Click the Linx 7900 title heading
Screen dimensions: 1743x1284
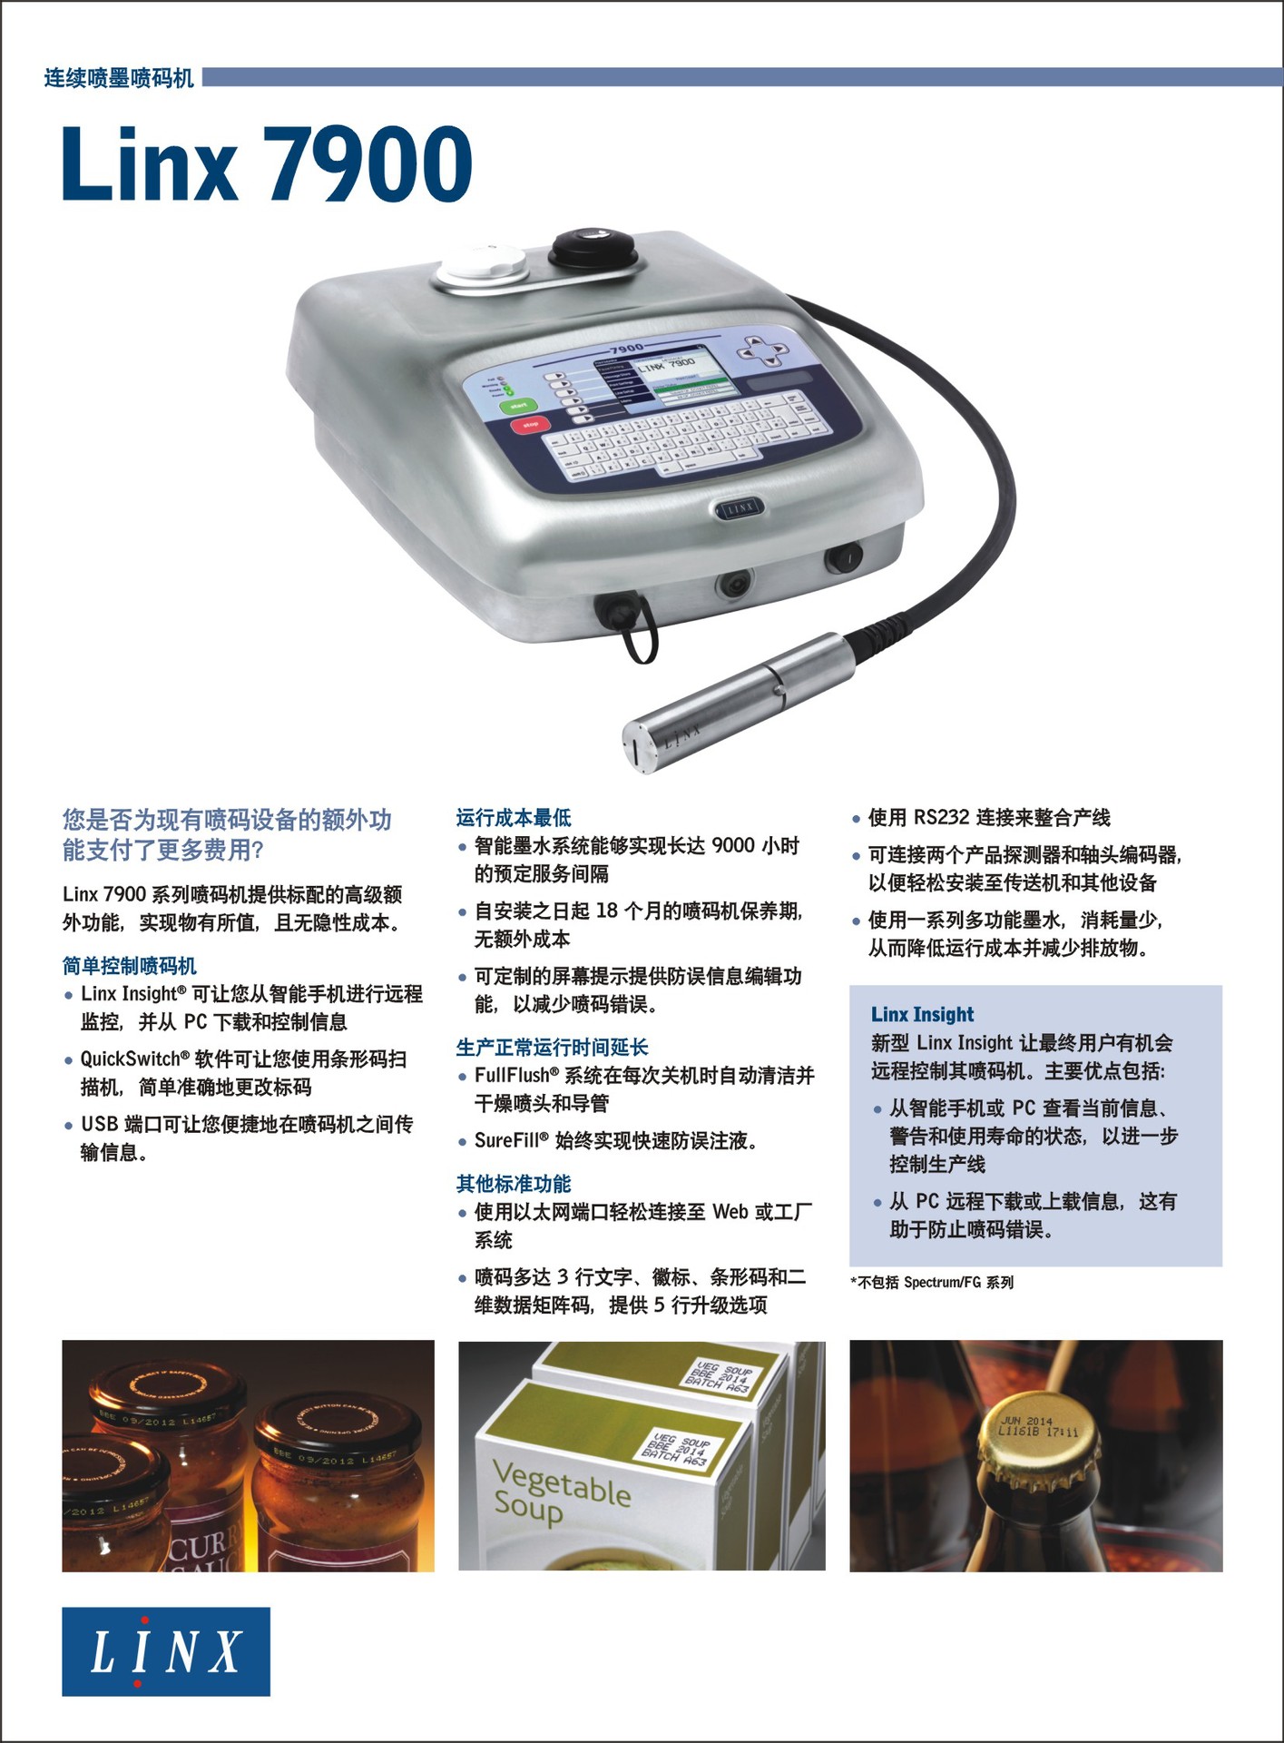tap(267, 164)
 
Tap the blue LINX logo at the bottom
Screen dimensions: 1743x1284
tap(166, 1650)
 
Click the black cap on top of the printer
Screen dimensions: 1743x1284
tap(593, 243)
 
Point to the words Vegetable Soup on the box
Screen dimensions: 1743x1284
tap(560, 1492)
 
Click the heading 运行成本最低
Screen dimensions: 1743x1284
tap(514, 818)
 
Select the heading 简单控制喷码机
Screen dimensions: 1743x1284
tap(130, 966)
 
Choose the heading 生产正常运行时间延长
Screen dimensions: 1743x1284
tap(552, 1048)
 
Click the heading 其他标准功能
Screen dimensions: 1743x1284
tap(514, 1184)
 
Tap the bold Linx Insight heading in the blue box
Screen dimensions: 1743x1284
tap(922, 1014)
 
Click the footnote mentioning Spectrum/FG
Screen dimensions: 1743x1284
tap(932, 1282)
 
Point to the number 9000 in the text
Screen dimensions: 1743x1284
tap(733, 846)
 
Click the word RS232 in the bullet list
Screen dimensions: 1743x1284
tap(941, 818)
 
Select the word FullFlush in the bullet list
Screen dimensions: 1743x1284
tap(512, 1076)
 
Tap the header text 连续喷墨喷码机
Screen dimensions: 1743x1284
tap(119, 79)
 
